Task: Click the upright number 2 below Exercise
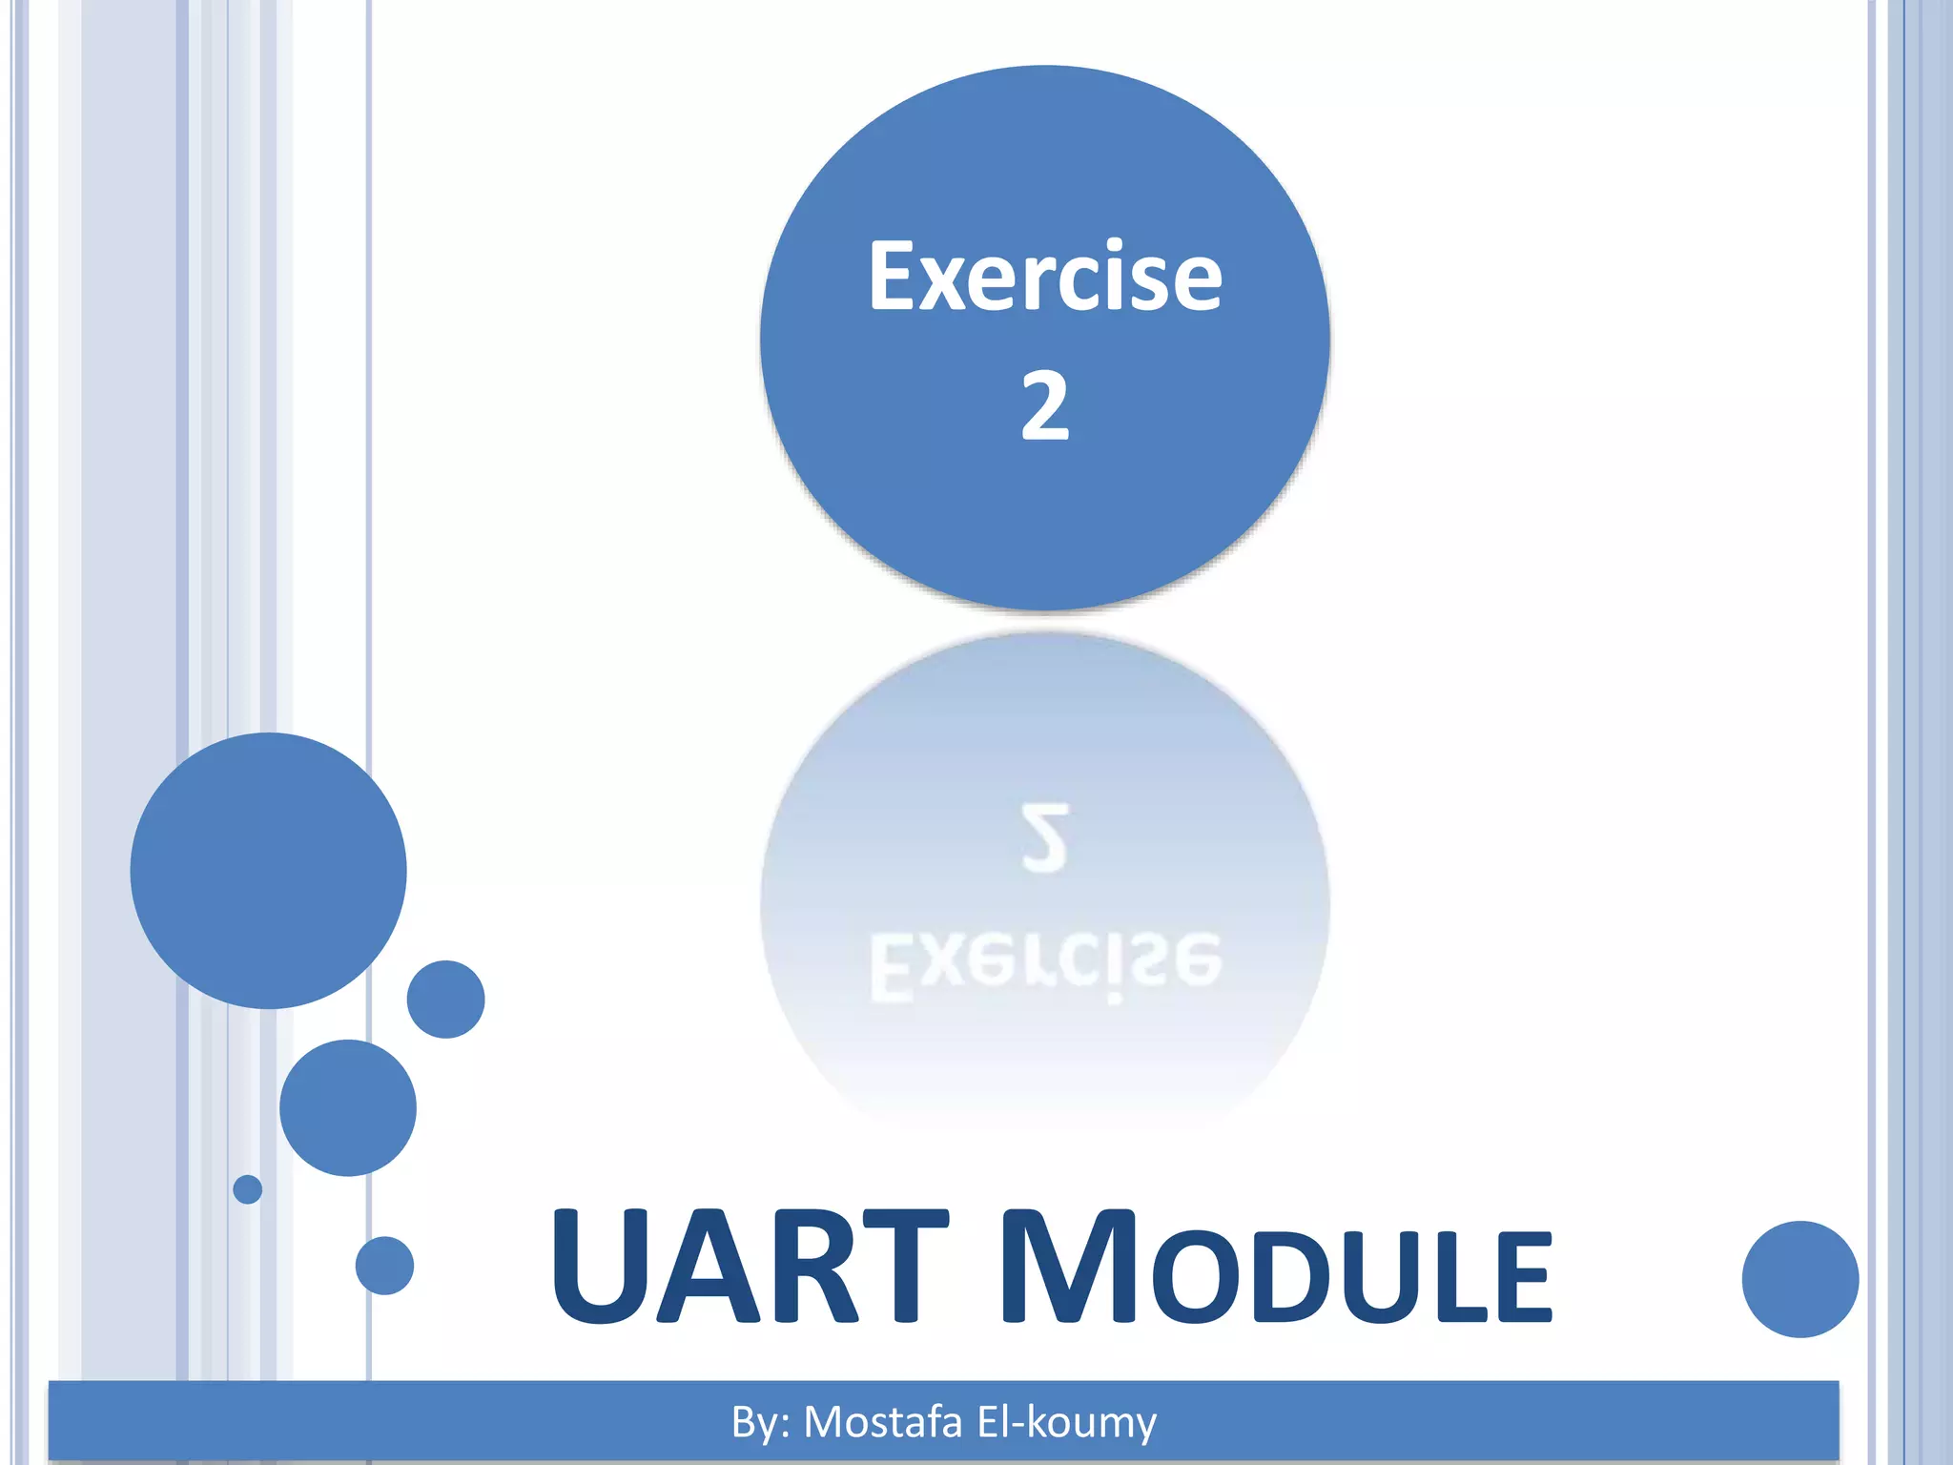(x=1044, y=406)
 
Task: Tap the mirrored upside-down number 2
(x=1044, y=837)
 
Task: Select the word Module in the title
(x=1278, y=1269)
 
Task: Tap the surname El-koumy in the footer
(x=1066, y=1422)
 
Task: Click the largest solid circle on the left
(x=268, y=870)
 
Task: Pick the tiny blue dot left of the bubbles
(x=247, y=1189)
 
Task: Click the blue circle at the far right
(x=1799, y=1279)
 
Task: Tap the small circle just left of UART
(x=384, y=1266)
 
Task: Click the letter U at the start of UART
(x=599, y=1269)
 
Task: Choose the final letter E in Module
(x=1522, y=1278)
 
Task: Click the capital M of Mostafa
(x=824, y=1422)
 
